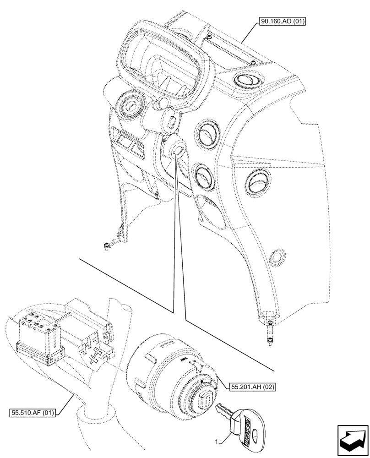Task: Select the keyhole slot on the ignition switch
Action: click(x=206, y=395)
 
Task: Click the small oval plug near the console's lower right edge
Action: click(x=277, y=257)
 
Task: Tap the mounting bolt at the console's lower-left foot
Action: click(x=108, y=246)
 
